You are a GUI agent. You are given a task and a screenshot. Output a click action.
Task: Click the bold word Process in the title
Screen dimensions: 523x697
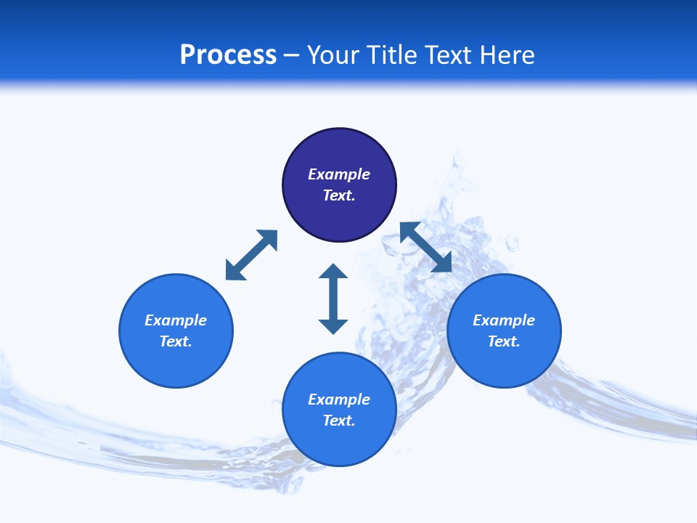point(228,55)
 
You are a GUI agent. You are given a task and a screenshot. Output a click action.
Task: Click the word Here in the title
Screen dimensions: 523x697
point(509,55)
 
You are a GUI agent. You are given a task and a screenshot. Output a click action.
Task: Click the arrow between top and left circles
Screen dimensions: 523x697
point(251,255)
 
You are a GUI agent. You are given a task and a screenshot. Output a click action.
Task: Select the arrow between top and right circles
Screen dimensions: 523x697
point(426,247)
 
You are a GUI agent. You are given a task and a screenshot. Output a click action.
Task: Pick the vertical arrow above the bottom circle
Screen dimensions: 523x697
point(333,299)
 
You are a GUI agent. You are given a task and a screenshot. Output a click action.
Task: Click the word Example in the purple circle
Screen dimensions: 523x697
point(339,174)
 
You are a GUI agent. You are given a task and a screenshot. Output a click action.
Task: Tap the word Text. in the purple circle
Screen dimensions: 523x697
point(339,195)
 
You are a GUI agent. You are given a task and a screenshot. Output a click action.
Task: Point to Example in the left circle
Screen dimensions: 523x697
point(176,320)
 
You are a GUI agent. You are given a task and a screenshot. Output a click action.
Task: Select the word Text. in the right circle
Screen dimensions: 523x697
point(504,341)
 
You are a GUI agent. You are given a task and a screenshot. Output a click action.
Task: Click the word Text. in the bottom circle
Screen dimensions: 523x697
point(339,421)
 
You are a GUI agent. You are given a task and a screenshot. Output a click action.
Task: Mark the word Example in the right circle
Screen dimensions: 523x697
point(504,320)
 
